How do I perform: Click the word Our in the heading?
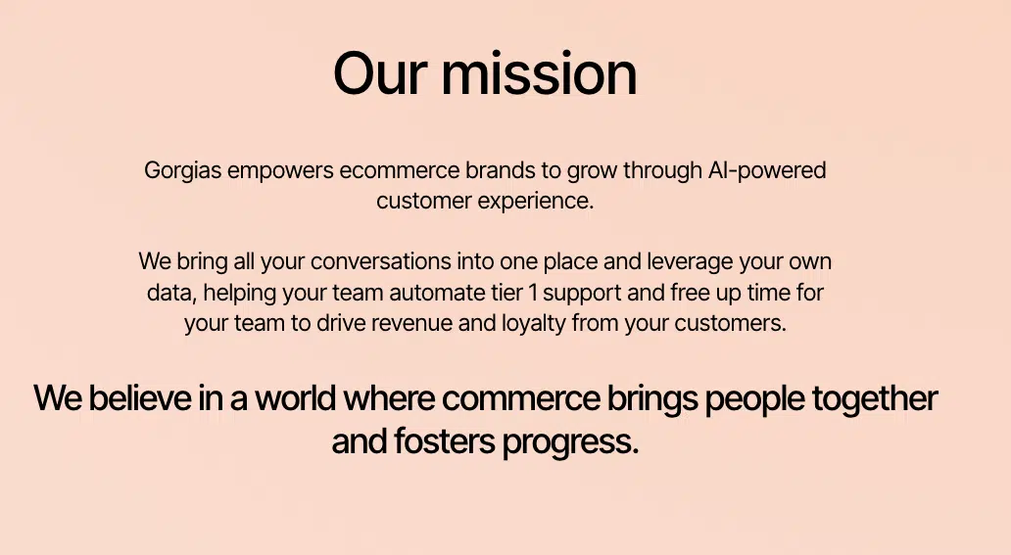(380, 72)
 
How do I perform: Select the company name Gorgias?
(182, 171)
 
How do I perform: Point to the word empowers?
(280, 171)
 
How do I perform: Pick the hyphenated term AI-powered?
(767, 171)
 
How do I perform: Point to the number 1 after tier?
(532, 293)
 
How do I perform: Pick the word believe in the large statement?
(140, 397)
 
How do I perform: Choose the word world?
(296, 397)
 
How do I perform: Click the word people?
(754, 399)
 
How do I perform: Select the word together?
(874, 399)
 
